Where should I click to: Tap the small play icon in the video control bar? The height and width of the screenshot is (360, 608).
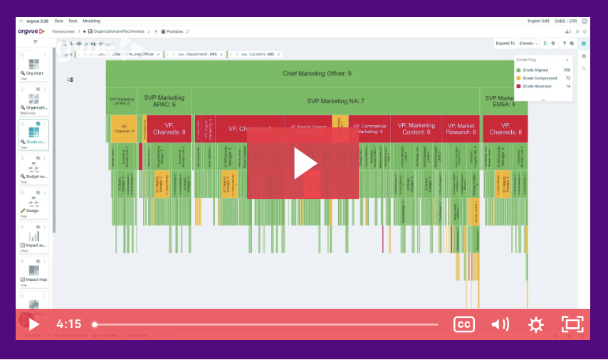pos(33,324)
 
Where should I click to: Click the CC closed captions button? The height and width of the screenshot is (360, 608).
pos(463,324)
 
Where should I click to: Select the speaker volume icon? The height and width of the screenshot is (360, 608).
pos(500,324)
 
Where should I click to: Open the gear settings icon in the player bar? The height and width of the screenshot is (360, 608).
pos(535,324)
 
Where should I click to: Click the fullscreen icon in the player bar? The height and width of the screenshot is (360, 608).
pos(572,324)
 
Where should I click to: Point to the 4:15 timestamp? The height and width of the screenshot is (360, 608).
pos(69,324)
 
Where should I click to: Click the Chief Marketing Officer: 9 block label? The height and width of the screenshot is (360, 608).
pos(316,73)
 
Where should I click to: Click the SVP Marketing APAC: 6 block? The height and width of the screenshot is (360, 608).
pos(164,101)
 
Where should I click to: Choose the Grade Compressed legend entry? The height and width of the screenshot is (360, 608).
pos(540,78)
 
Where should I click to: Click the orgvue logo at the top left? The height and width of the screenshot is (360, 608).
pos(31,31)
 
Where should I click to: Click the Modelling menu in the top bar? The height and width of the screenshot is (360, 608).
pos(91,21)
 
